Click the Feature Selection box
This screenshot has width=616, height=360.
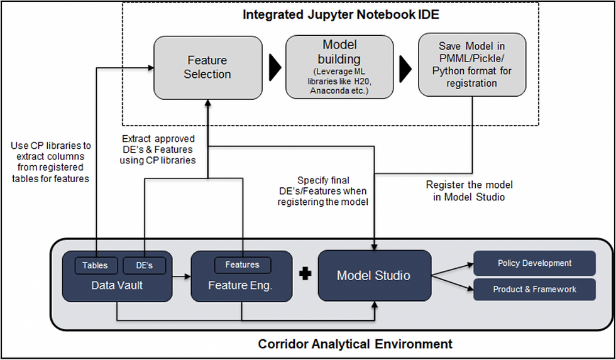(x=208, y=67)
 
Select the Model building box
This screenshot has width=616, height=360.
(x=339, y=67)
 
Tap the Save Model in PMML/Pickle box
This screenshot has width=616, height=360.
(x=472, y=65)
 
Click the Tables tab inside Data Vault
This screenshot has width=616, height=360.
(x=96, y=265)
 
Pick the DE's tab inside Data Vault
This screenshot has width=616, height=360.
(x=144, y=265)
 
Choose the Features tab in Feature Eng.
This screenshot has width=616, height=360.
(x=243, y=265)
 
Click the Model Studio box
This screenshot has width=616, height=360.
(x=375, y=276)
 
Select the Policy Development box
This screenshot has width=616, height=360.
(x=534, y=263)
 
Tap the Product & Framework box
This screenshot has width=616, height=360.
(x=534, y=290)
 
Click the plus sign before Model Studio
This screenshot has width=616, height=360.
(x=305, y=274)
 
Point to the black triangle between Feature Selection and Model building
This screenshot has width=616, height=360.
(x=275, y=67)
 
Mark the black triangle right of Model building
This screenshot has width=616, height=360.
(x=405, y=68)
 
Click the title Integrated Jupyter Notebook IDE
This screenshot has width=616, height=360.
(x=341, y=15)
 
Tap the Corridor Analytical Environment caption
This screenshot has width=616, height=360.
(x=355, y=344)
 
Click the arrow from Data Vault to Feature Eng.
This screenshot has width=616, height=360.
(x=182, y=277)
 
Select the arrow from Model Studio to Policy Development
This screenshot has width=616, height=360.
(x=453, y=270)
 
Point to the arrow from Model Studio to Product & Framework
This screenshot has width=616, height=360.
(x=453, y=283)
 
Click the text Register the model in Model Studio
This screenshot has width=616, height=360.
(x=469, y=191)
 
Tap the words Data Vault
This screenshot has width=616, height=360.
(x=117, y=285)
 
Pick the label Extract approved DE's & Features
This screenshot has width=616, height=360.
(x=158, y=144)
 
